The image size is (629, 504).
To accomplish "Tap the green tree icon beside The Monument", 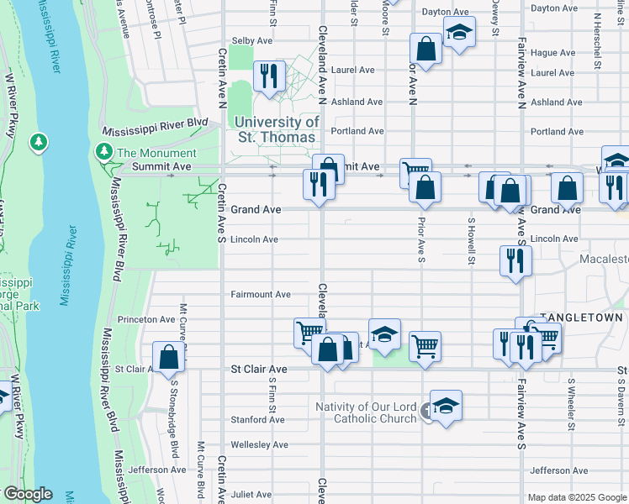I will click(103, 152).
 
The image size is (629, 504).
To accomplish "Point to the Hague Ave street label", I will click(552, 52).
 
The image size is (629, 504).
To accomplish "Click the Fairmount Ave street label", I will click(261, 294).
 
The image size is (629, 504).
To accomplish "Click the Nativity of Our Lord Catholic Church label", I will click(366, 412).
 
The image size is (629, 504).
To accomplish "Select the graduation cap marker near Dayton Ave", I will click(459, 33).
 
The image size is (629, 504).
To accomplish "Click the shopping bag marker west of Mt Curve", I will click(169, 356).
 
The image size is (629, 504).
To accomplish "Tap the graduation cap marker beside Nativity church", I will click(446, 405).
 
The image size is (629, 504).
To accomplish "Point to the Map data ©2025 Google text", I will click(577, 497).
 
